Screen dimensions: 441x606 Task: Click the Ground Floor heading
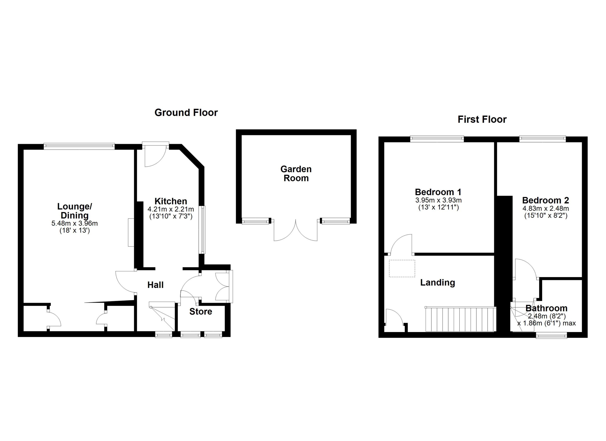(x=186, y=112)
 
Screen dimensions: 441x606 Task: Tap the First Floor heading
(x=482, y=119)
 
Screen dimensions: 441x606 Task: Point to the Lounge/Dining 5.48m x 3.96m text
(x=74, y=223)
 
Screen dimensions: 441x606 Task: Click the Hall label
(x=155, y=285)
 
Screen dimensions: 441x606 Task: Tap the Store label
(x=201, y=311)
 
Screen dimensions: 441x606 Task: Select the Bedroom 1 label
(x=438, y=192)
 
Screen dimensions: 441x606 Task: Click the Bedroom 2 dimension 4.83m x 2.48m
(x=545, y=208)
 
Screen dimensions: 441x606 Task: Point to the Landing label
(x=437, y=283)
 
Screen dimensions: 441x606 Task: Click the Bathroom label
(x=546, y=308)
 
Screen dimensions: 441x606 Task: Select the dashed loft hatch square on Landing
(x=402, y=268)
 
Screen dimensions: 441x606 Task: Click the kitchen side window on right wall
(x=203, y=229)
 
